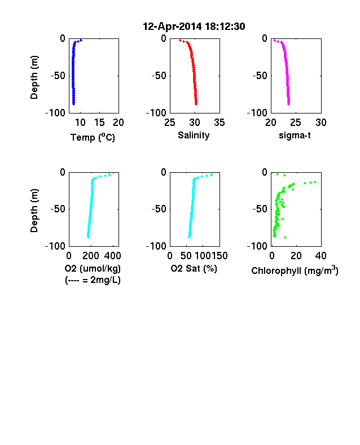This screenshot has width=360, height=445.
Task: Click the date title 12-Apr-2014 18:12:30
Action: (x=194, y=27)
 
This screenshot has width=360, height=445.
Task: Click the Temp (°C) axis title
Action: (x=93, y=137)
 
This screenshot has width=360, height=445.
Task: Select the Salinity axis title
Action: (x=194, y=136)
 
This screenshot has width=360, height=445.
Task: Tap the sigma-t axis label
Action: (x=295, y=136)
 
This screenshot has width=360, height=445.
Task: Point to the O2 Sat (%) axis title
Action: (x=194, y=268)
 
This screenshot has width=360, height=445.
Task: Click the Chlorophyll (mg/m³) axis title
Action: (x=295, y=271)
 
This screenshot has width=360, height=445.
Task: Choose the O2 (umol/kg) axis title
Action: (x=93, y=268)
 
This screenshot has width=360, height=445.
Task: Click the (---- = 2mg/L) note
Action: (x=93, y=280)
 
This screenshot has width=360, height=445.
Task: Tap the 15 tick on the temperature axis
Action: (x=99, y=123)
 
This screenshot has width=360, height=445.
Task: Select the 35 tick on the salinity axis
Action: (x=219, y=123)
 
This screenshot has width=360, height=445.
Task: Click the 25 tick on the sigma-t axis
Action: (x=296, y=123)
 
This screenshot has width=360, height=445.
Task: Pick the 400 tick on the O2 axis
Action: (x=112, y=256)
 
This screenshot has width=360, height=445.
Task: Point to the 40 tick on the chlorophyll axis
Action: (x=321, y=256)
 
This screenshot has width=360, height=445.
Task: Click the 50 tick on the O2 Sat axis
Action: (x=186, y=256)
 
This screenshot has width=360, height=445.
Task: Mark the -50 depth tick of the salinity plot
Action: (x=159, y=76)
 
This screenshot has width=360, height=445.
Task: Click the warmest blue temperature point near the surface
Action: (x=81, y=40)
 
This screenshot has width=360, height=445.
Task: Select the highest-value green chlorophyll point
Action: (x=315, y=182)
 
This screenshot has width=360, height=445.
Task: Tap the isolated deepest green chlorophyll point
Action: (x=285, y=237)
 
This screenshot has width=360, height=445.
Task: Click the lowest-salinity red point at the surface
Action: (x=181, y=40)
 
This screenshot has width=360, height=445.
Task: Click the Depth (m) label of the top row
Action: (x=34, y=77)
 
